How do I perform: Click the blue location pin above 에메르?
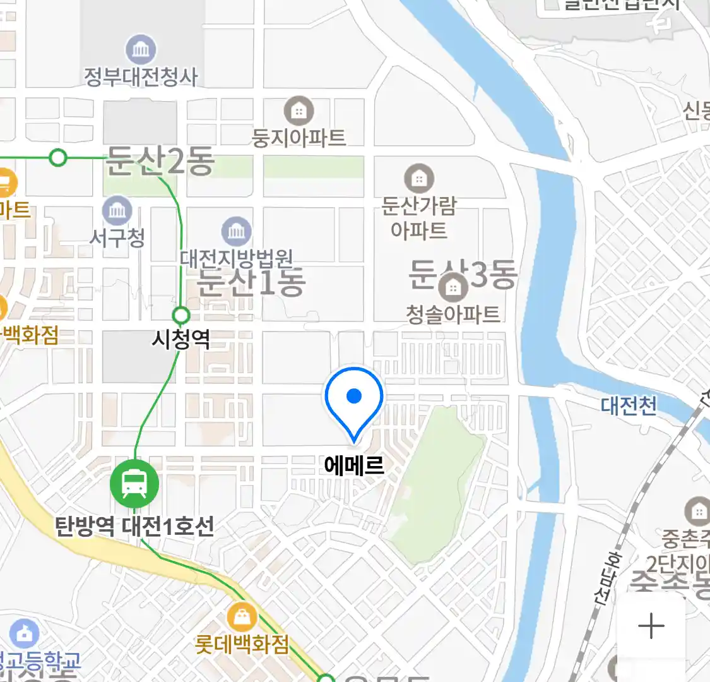click(354, 397)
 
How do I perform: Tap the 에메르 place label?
click(354, 465)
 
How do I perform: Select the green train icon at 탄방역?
click(134, 483)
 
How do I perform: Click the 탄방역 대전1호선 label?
click(134, 525)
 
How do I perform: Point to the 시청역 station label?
click(181, 340)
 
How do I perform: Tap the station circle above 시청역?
click(181, 314)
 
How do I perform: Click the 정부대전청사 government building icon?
click(141, 49)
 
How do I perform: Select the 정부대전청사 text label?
click(141, 77)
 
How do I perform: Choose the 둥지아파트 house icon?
click(299, 112)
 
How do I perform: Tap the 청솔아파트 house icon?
click(452, 288)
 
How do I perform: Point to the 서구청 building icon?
click(117, 210)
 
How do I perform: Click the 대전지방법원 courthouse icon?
click(236, 232)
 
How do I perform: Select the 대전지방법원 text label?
click(236, 258)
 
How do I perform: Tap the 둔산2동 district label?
click(159, 162)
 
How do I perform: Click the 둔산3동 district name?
click(463, 275)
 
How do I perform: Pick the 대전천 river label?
click(629, 405)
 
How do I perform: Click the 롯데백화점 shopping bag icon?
click(242, 616)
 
